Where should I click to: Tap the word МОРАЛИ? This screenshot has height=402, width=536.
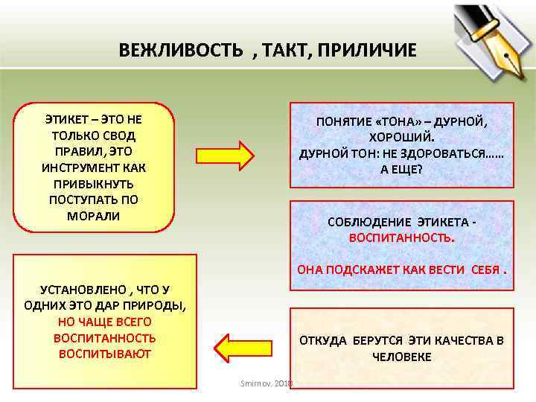[94, 216]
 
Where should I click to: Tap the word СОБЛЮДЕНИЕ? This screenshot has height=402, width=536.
[364, 221]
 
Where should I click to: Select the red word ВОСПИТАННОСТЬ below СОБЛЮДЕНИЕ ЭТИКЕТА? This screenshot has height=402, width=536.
[401, 238]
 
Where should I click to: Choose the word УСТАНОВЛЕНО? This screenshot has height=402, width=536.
[72, 290]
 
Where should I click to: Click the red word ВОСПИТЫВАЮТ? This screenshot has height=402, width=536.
[104, 354]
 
